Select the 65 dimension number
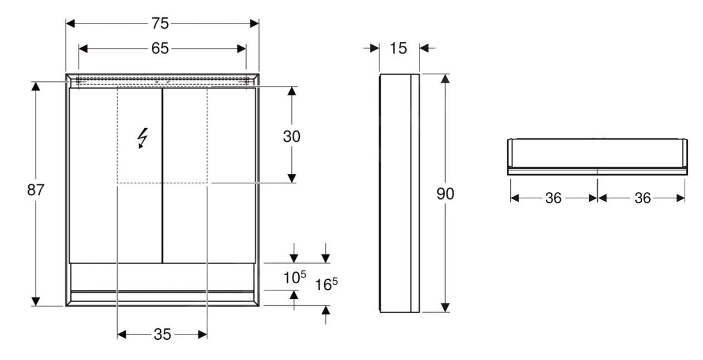pos(160,48)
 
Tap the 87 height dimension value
pos(36,190)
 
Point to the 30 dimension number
pos(291,136)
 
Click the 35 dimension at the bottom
pos(162,334)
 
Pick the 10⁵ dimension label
pos(293,278)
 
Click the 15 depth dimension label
pos(398,48)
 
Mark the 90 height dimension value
pos(445,194)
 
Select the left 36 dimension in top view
pos(553,198)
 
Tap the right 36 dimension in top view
pos(642,198)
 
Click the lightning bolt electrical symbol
pos(143,138)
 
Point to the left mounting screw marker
pos(79,81)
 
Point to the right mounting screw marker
pos(246,81)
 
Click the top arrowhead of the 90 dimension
pos(445,78)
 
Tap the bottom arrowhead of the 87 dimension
pos(36,301)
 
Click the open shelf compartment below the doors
pos(162,276)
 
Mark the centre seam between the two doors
pos(162,176)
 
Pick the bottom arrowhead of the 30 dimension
pos(291,178)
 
